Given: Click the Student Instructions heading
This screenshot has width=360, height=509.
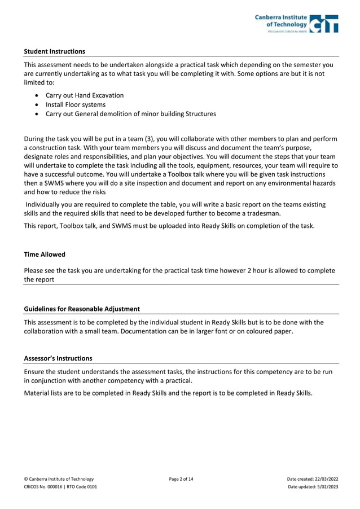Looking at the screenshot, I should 54,51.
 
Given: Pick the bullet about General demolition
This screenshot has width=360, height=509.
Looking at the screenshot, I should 130,114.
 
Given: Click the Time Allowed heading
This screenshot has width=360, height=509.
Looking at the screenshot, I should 45,254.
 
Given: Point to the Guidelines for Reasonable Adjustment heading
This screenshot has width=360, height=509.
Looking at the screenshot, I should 82,309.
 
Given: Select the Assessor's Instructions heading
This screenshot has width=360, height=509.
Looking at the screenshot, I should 58,358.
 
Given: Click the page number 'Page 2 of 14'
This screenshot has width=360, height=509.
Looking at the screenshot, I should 181,479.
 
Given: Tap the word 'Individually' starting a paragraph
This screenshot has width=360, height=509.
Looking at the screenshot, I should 46,204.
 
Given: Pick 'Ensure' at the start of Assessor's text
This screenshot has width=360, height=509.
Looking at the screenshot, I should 35,371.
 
